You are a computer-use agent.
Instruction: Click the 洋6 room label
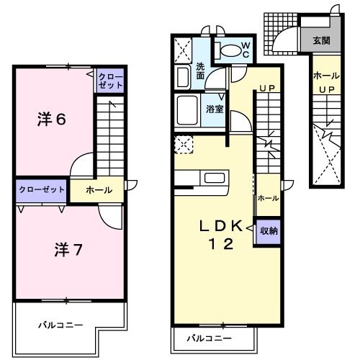pos(51,120)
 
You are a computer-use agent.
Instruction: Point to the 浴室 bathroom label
pos(214,109)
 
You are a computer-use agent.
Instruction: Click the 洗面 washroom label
pos(202,71)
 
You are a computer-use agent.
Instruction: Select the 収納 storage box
pos(269,231)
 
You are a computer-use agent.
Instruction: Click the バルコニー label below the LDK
pos(209,338)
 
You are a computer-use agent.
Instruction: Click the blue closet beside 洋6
pos(110,80)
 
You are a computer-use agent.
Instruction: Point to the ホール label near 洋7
pos(99,190)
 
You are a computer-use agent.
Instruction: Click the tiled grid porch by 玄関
pos(279,32)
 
